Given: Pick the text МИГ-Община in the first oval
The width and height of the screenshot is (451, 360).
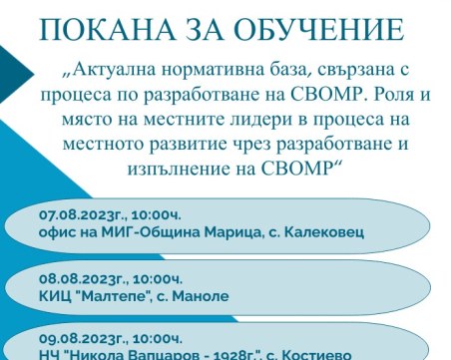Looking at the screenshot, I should click(x=148, y=232).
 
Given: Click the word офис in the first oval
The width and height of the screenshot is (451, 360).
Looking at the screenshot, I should click(x=56, y=232).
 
